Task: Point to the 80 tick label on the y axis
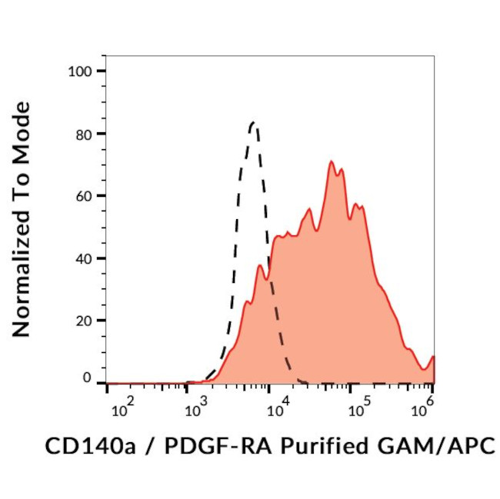point(85,134)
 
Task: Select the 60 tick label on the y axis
point(85,196)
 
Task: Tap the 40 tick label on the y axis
point(85,258)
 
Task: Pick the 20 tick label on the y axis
point(85,321)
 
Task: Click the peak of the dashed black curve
point(253,122)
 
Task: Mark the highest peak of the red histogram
point(331,161)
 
